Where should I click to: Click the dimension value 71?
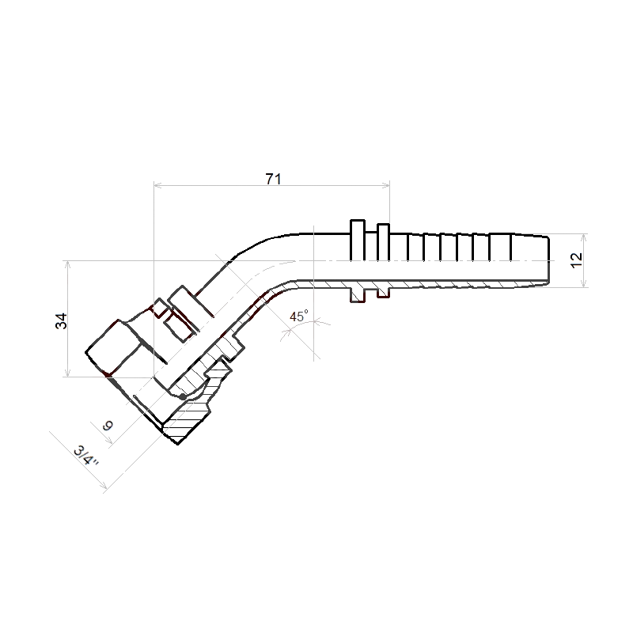273,179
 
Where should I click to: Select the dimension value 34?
62,321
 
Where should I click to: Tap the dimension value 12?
577,260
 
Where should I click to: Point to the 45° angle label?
299,316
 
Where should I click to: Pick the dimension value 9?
108,426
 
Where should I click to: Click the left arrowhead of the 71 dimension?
157,185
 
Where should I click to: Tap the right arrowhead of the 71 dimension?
386,185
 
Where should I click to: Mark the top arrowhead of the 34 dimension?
68,264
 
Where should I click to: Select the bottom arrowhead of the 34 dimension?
68,373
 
